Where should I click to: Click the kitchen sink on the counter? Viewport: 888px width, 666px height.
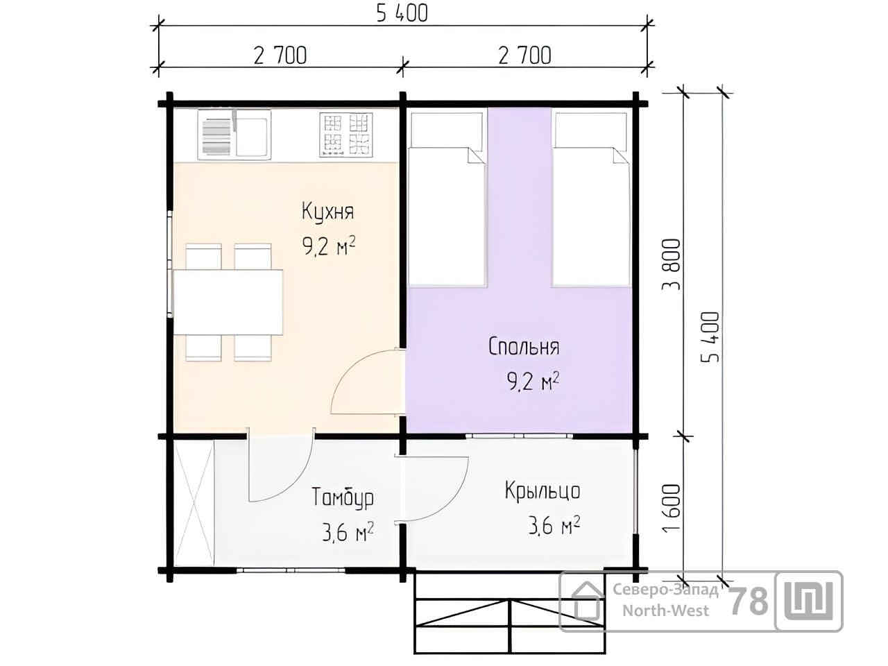234,135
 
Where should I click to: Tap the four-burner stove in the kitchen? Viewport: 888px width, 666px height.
346,135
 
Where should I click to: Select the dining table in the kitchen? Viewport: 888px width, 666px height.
228,302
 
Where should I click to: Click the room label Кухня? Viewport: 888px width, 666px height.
327,212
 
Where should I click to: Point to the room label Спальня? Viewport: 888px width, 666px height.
524,346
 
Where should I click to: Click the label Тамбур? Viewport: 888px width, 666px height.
342,498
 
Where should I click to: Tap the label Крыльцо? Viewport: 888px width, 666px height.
543,491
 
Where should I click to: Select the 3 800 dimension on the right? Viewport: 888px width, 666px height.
672,264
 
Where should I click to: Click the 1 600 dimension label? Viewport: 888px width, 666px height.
672,509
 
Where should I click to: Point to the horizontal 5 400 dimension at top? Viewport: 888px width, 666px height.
402,14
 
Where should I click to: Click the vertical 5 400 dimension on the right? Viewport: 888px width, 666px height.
710,337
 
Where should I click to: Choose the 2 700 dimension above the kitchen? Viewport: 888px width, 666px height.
280,55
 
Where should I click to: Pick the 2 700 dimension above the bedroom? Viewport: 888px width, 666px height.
524,55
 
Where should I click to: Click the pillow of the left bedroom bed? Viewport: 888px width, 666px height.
447,130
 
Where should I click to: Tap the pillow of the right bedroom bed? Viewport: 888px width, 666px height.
590,130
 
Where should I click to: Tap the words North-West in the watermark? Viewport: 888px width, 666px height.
665,610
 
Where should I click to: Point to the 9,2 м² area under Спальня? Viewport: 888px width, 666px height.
533,381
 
